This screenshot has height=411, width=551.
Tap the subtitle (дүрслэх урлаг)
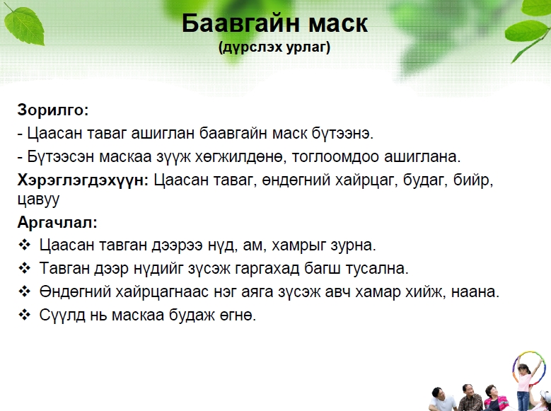(274, 47)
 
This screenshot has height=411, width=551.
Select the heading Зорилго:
(53, 110)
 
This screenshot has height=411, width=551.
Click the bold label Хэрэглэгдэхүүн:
(83, 180)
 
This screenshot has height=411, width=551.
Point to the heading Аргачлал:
(57, 223)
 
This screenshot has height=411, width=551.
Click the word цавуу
(39, 199)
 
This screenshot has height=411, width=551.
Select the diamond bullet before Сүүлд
(24, 315)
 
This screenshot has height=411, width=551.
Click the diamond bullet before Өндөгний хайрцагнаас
(24, 291)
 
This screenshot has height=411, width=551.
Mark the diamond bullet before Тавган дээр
(24, 268)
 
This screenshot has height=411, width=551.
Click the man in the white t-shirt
(441, 400)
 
